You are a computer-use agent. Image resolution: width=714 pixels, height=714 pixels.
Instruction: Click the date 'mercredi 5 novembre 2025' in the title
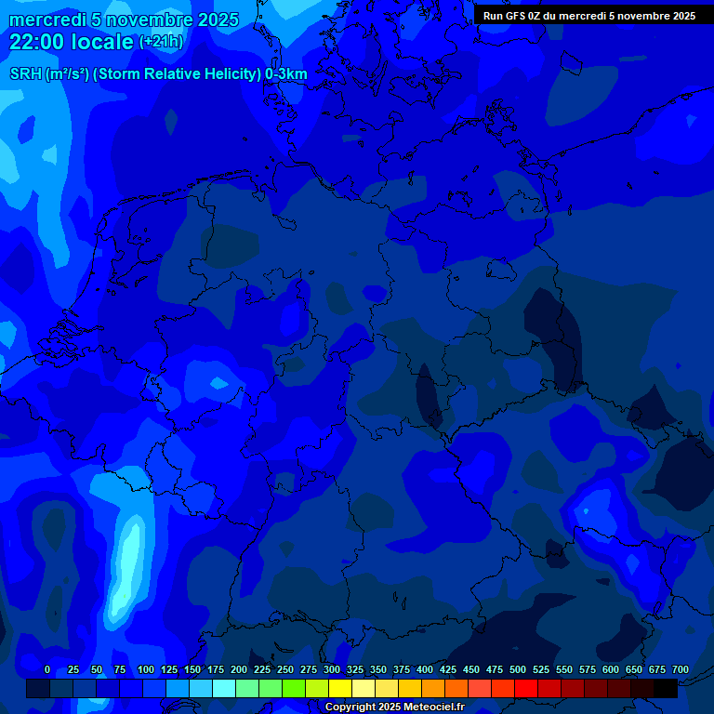coord(124,20)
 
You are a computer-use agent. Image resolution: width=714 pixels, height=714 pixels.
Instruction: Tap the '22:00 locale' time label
coord(72,42)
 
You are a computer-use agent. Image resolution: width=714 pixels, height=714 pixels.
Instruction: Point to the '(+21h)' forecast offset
coord(161,42)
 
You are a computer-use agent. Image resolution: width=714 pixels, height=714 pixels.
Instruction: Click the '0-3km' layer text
coord(286,74)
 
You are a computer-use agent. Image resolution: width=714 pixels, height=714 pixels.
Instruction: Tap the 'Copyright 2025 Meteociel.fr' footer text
coord(394,707)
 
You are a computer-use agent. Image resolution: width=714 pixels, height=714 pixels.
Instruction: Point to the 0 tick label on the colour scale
coord(47,669)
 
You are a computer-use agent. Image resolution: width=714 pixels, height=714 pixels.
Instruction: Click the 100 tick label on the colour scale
coord(146,669)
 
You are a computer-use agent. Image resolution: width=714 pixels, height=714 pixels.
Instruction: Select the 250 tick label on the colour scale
coord(285,669)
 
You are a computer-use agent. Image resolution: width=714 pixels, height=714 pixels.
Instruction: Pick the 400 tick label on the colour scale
coord(425,669)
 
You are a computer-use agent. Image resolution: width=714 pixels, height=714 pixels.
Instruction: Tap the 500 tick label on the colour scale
coord(518,669)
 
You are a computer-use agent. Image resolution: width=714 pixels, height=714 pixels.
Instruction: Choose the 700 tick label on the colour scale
coord(681,669)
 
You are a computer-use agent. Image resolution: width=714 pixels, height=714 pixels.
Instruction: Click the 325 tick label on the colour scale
coord(355,669)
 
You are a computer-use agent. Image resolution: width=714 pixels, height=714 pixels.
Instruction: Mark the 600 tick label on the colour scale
coord(611,669)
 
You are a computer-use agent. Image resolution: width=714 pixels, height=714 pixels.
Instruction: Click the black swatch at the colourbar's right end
coord(666,688)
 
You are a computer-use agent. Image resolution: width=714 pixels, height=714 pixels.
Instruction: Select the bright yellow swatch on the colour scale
coord(340,688)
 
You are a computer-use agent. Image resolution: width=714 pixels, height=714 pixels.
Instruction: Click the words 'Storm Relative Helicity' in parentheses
coord(177,74)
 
